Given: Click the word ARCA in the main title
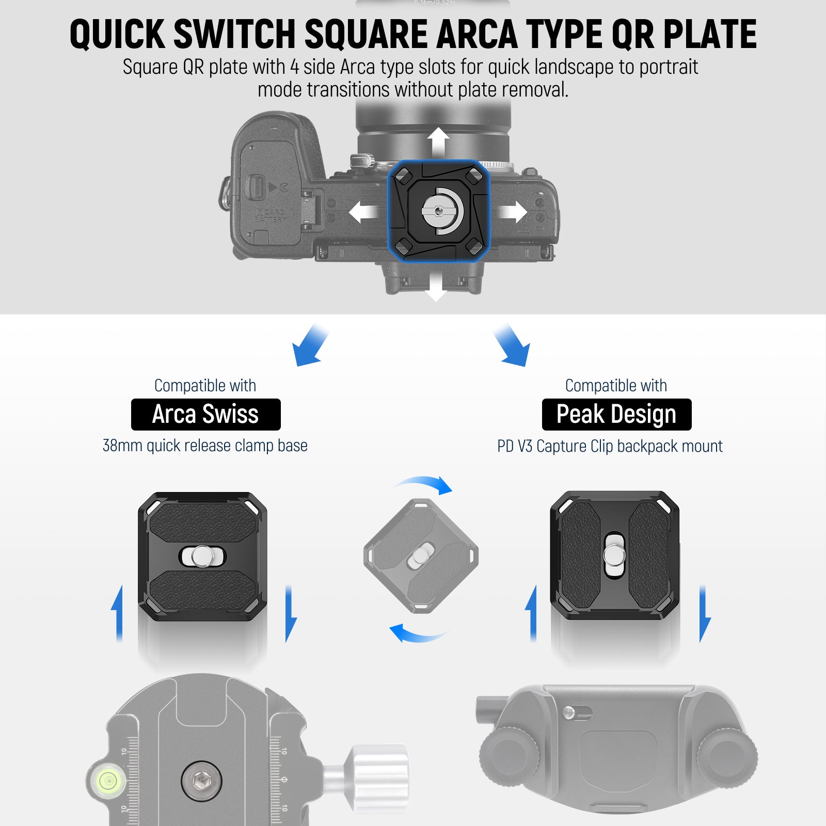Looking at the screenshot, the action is point(476,34).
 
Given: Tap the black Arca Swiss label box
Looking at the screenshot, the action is point(205,415).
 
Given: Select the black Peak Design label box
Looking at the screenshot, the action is point(616,415).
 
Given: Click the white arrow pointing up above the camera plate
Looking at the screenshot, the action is point(438,142).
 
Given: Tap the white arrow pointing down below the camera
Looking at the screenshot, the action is point(436,285).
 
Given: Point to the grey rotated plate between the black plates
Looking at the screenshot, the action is point(421,556).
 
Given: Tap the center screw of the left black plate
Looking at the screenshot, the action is point(201,556).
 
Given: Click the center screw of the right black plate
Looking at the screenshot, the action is point(614,555).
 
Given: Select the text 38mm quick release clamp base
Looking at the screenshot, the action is point(205,446).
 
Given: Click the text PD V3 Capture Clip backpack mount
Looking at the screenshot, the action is point(610,446).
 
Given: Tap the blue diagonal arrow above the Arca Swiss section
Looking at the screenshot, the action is point(310,345).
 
